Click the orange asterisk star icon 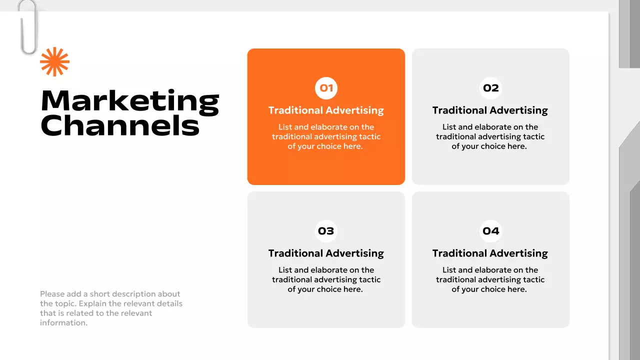pos(54,62)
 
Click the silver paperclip pos(28,27)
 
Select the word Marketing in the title pos(130,101)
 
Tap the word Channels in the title pos(120,125)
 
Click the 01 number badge pos(326,88)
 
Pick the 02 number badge pos(490,88)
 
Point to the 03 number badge pos(326,231)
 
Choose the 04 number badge pos(490,231)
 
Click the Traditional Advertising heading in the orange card pos(326,110)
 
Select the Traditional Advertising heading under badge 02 pos(490,110)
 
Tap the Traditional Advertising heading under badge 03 pos(326,253)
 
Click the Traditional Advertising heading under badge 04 pos(490,253)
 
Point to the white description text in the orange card pos(326,136)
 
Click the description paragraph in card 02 pos(490,136)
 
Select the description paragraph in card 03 pos(326,279)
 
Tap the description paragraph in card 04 pos(490,279)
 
